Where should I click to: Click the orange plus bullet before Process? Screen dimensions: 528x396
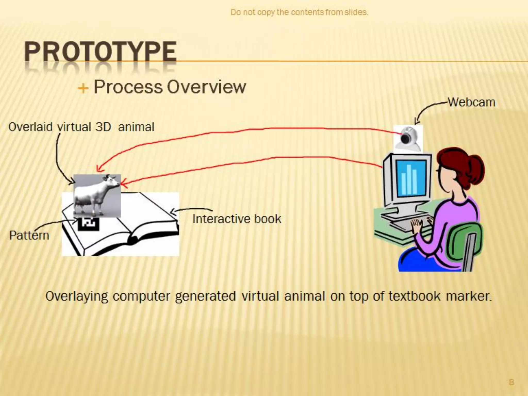[x=83, y=89]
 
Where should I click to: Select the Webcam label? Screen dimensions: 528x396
[x=472, y=102]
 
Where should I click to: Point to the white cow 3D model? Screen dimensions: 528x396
[x=97, y=195]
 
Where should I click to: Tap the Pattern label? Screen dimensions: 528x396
[x=29, y=235]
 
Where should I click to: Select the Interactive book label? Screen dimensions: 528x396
[x=237, y=219]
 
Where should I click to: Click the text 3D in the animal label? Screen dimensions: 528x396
[x=103, y=127]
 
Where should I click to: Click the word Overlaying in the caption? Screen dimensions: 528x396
[x=77, y=296]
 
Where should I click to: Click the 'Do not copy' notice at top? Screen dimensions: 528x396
[x=299, y=12]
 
